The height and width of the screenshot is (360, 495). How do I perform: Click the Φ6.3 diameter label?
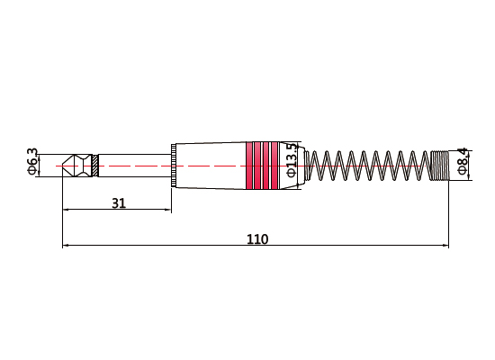(x=31, y=160)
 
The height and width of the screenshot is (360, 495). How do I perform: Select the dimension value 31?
(x=118, y=203)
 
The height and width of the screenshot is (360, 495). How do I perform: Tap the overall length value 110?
(x=257, y=239)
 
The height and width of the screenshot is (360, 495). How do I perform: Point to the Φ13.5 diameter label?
(x=291, y=159)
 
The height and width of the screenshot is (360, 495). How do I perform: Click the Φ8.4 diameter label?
(x=462, y=160)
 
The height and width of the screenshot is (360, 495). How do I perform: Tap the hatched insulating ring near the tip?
(x=94, y=166)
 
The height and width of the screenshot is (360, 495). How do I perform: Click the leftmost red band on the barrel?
(x=256, y=166)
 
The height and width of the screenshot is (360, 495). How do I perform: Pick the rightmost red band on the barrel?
(x=274, y=166)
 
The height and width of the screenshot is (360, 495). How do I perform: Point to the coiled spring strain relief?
(x=369, y=166)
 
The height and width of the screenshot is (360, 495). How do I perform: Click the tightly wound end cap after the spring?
(x=440, y=166)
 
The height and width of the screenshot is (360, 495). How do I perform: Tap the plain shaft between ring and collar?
(x=135, y=166)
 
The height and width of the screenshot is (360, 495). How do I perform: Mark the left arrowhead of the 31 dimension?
(x=66, y=211)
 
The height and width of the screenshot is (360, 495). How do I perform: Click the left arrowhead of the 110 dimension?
(x=66, y=245)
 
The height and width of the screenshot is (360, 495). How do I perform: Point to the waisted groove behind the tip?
(x=82, y=166)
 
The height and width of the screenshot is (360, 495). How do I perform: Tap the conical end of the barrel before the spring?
(x=305, y=166)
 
